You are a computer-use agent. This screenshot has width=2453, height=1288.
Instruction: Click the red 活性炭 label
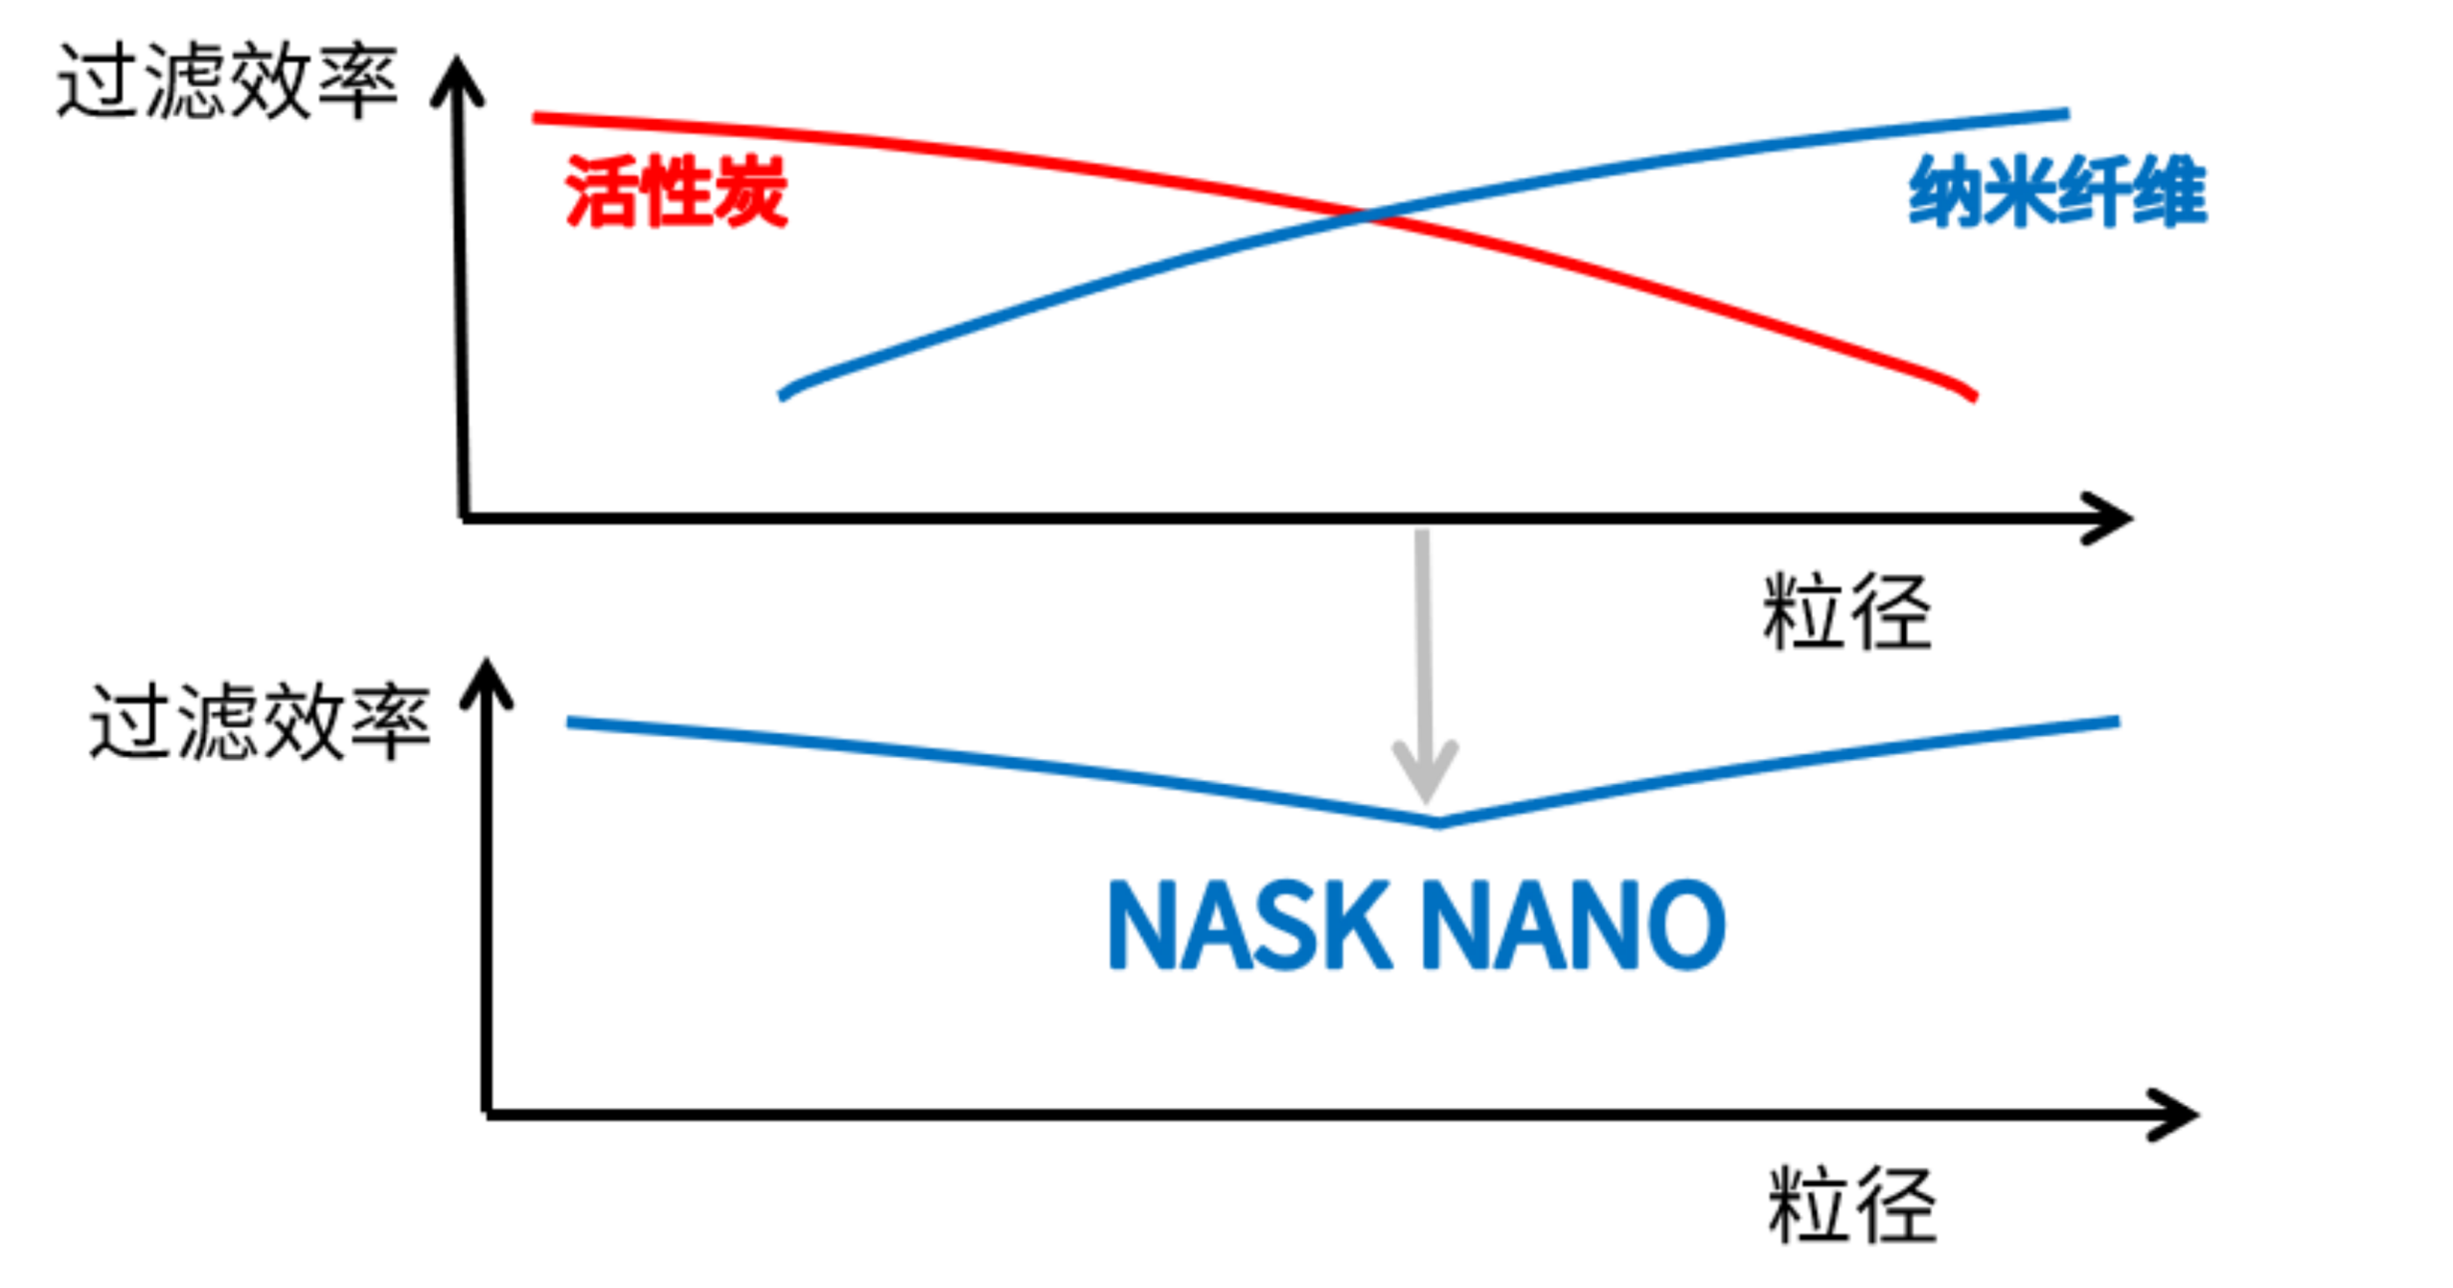click(676, 192)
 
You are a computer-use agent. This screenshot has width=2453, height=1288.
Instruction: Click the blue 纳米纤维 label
click(2058, 192)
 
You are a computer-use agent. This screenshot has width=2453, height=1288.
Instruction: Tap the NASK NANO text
click(1417, 926)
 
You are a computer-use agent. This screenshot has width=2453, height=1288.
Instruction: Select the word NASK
click(1249, 926)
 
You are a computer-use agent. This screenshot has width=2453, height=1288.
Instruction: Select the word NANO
click(1574, 926)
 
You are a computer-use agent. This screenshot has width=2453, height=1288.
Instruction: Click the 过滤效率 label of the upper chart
click(227, 81)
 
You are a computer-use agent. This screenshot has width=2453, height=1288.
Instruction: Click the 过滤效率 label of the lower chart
click(260, 723)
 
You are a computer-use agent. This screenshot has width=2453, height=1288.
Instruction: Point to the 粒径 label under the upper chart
click(1847, 612)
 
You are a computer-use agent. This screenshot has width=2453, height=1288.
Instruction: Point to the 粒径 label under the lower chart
click(1852, 1205)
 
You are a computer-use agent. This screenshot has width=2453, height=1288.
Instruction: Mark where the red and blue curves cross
click(1368, 217)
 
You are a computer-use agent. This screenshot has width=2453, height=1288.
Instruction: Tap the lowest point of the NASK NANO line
click(1438, 822)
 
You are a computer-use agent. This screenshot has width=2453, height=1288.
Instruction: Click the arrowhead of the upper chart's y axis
click(457, 79)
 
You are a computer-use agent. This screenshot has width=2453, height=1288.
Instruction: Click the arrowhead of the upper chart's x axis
click(2108, 518)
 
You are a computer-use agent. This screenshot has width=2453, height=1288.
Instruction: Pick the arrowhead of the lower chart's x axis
click(2173, 1115)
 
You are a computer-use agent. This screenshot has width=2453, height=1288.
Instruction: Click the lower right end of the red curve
click(1972, 396)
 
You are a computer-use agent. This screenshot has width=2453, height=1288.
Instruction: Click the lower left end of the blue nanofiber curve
click(783, 395)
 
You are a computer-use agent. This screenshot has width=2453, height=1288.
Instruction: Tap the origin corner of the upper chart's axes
click(464, 518)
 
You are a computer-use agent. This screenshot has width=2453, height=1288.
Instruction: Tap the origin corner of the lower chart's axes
click(488, 1115)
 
